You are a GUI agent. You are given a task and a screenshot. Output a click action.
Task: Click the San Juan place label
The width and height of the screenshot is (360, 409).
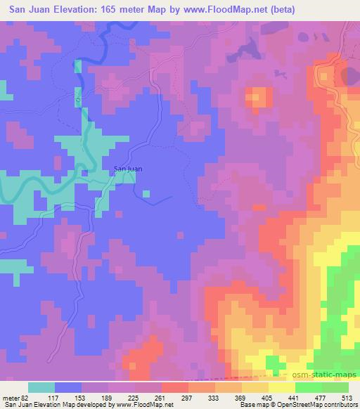tap(127, 168)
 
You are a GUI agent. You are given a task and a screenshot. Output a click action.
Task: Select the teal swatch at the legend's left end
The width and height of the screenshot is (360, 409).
tap(41, 387)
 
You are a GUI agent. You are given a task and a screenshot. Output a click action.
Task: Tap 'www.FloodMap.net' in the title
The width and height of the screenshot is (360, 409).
tap(221, 9)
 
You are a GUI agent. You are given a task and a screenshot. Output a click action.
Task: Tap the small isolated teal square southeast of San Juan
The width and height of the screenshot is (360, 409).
tap(146, 193)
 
